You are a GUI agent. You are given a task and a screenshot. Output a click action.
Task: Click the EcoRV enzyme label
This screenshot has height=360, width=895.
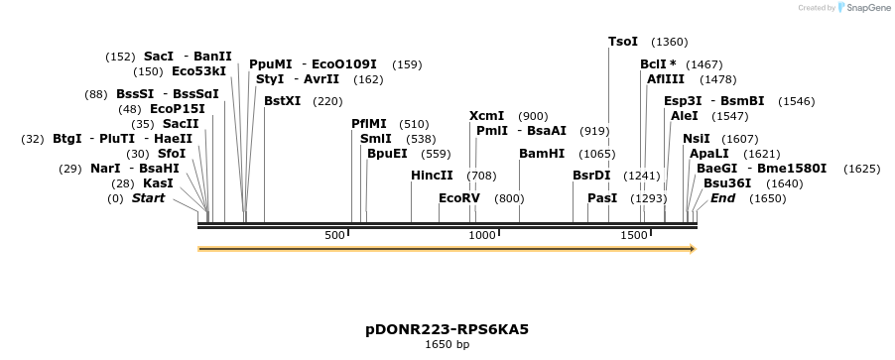[x=459, y=198]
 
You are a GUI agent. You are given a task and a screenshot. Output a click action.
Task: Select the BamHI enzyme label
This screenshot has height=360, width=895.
[x=542, y=154]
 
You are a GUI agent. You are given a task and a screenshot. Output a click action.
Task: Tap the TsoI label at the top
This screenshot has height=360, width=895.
[x=623, y=42]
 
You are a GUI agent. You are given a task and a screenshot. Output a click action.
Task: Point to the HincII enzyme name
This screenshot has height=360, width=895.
[x=432, y=176]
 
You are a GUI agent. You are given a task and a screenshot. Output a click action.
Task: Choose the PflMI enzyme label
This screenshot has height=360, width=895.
[x=370, y=124]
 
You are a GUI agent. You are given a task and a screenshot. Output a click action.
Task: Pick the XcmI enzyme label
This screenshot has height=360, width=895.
[x=486, y=116]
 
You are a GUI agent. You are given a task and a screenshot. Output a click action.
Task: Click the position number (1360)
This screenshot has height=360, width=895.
[x=669, y=42]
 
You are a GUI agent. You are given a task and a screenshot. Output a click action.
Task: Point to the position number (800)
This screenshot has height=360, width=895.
[x=508, y=198]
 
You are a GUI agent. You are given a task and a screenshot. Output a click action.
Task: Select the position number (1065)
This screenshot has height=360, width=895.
[x=597, y=154]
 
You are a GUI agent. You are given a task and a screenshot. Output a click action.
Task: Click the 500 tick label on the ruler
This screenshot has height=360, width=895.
[x=334, y=235]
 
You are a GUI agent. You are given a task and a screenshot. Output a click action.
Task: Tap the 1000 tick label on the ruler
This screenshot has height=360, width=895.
[x=482, y=235]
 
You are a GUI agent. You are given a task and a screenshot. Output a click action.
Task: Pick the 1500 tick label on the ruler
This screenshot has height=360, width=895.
[x=633, y=235]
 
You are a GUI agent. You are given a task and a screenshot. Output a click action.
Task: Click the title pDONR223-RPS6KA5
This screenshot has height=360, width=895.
[x=447, y=328]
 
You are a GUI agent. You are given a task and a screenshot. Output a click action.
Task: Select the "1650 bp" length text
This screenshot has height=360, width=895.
[x=447, y=345]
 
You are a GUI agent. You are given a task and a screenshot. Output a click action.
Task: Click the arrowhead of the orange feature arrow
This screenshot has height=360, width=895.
[x=693, y=249]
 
